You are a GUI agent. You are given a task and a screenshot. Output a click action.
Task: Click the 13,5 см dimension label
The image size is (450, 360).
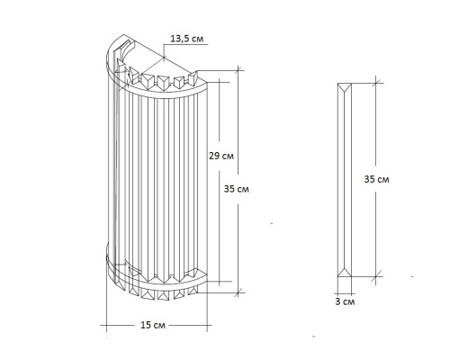185,40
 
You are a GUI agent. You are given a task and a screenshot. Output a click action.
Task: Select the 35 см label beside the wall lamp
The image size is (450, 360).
237,191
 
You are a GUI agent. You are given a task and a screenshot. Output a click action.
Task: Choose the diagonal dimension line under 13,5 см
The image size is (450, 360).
167,58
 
